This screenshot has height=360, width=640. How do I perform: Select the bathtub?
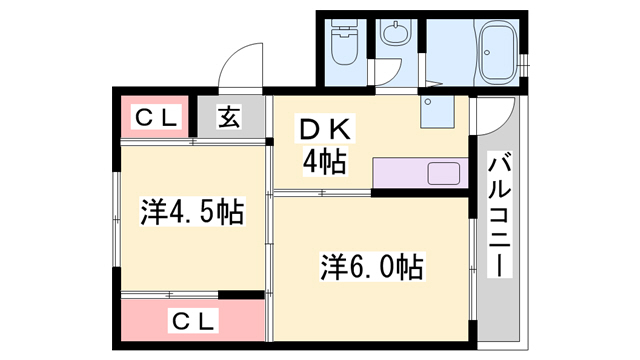[497, 55]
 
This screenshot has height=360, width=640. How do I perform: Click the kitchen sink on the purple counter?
[443, 172]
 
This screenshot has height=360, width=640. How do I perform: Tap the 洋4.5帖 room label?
[193, 211]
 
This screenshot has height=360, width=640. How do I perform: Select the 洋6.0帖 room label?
[371, 267]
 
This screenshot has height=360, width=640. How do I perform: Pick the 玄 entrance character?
[230, 118]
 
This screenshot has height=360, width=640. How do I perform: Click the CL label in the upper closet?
[157, 118]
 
